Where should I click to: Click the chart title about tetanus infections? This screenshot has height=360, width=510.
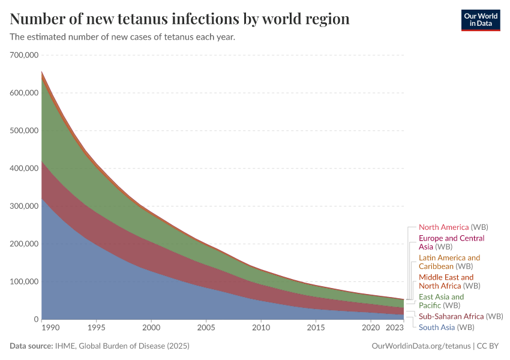(179, 19)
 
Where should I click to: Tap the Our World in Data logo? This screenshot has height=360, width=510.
(480, 19)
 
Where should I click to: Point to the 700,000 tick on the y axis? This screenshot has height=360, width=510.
(25, 55)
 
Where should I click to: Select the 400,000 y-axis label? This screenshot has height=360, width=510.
(25, 169)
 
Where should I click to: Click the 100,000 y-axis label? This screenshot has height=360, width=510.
(25, 282)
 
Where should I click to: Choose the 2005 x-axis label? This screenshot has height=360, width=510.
(206, 328)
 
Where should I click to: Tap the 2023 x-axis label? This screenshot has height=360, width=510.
(394, 328)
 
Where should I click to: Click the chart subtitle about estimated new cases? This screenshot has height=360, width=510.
(122, 37)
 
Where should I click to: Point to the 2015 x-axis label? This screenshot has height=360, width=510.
(316, 328)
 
